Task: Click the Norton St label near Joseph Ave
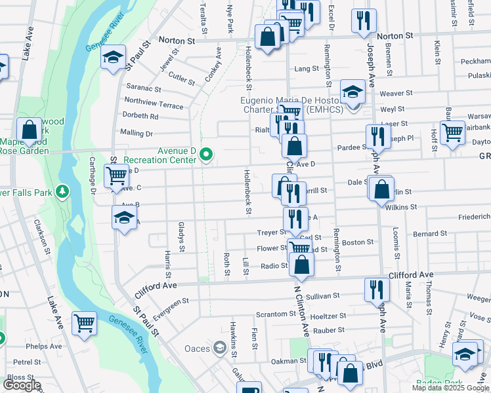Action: point(395,35)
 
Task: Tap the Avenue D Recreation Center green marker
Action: point(206,155)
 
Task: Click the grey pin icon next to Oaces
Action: point(217,348)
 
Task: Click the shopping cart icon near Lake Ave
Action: point(85,324)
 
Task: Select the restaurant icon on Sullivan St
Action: point(376,288)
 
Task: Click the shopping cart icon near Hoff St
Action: point(452,132)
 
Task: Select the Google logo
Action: point(21,385)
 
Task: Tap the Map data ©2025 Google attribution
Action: point(450,388)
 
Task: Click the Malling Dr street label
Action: point(136,133)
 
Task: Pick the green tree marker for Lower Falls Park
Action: point(62,192)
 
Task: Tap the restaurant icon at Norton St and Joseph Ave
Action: point(362,20)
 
